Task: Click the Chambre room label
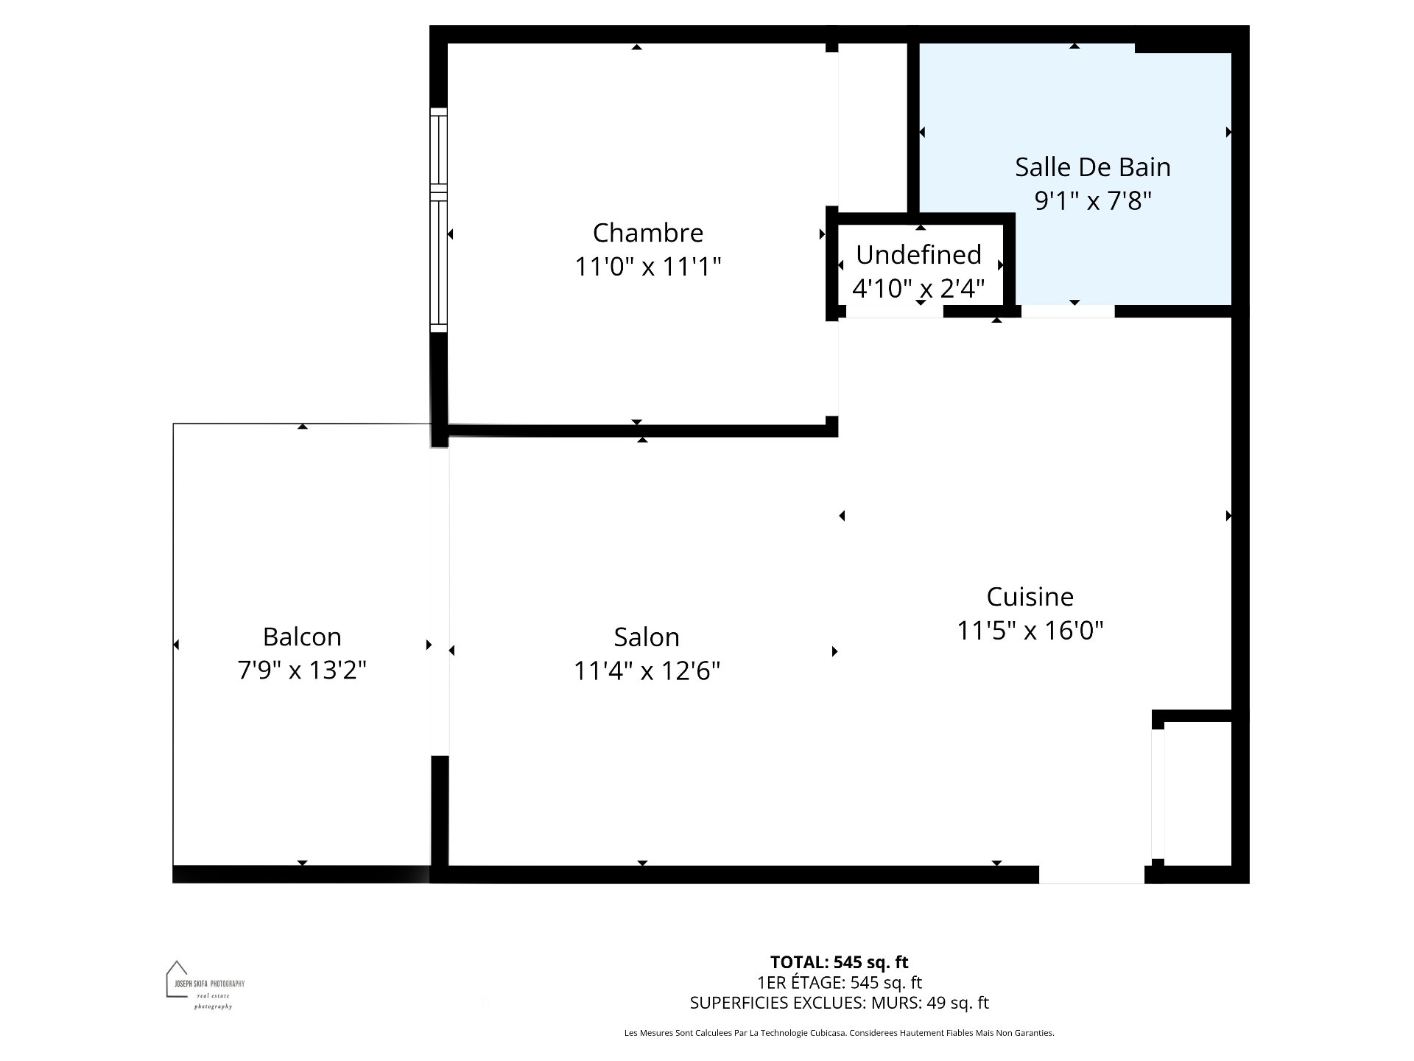tap(648, 233)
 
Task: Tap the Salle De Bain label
tap(1092, 167)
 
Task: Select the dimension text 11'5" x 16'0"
tap(1030, 631)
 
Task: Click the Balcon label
tap(302, 637)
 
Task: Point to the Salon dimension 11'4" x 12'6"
tap(647, 671)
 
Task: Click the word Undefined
tap(918, 255)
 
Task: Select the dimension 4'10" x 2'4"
tap(918, 288)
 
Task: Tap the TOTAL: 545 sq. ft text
tap(839, 962)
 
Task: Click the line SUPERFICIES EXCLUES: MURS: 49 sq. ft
tap(839, 1003)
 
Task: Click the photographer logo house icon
tap(177, 978)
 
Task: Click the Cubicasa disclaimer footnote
tap(839, 1033)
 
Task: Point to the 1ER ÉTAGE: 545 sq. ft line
tap(839, 983)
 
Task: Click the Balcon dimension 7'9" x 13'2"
tap(302, 670)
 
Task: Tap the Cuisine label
tap(1030, 597)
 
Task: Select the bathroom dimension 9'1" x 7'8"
tap(1092, 200)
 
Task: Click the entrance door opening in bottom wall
tap(1091, 875)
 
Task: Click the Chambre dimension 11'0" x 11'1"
tap(648, 267)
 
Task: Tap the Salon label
tap(647, 637)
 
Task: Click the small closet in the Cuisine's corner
tap(1197, 793)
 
